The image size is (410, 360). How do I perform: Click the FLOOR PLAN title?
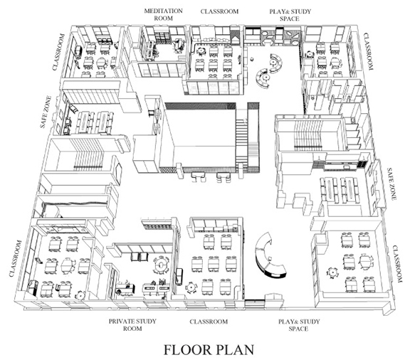[x=209, y=350]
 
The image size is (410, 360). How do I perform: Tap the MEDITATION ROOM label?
[x=164, y=15]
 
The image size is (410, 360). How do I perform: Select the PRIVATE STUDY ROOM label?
[x=132, y=324]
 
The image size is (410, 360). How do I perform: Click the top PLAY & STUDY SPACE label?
[x=290, y=15]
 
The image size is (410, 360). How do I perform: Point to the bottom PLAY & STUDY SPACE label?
[x=299, y=324]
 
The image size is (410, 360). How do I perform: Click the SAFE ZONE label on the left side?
[x=46, y=112]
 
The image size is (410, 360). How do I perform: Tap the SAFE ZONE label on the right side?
[x=391, y=184]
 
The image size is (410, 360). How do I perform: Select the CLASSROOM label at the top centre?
[x=219, y=11]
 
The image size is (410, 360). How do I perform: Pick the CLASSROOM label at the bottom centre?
[x=209, y=322]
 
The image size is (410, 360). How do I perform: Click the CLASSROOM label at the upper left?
[x=58, y=52]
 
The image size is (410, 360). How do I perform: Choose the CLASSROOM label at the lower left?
[x=15, y=258]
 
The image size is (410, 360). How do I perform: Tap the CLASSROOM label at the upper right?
[x=368, y=51]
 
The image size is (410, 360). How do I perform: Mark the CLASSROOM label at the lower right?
[x=397, y=264]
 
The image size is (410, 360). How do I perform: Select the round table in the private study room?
[x=161, y=265]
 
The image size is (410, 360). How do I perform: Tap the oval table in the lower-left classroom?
[x=68, y=265]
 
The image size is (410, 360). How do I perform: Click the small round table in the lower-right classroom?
[x=332, y=272]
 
